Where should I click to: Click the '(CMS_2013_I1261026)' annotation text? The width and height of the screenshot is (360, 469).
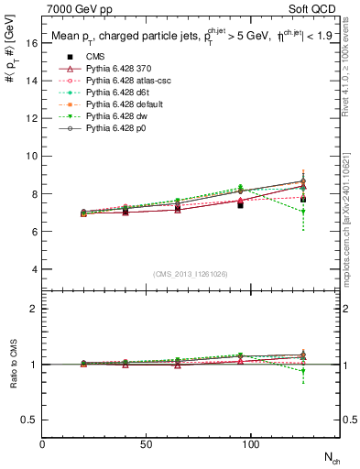pyautogui.click(x=191, y=273)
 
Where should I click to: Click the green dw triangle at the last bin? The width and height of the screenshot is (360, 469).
pyautogui.click(x=302, y=212)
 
